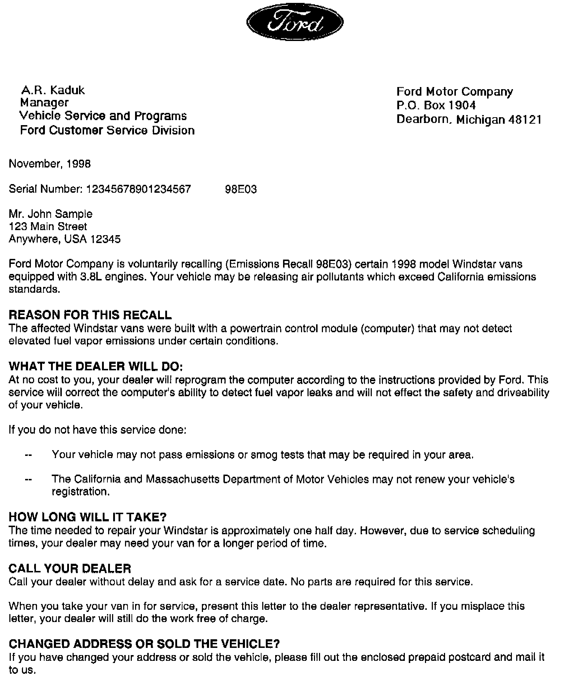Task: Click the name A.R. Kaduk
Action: point(53,90)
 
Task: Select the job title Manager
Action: point(44,103)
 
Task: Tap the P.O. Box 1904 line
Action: point(436,105)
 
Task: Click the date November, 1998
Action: point(50,164)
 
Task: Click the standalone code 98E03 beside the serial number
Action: point(241,189)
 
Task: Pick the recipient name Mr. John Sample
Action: point(51,214)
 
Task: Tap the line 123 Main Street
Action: point(48,227)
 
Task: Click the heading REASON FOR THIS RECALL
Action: point(90,315)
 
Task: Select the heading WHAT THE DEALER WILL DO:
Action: point(96,366)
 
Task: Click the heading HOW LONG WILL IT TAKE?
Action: point(88,517)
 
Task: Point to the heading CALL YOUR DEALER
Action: point(70,568)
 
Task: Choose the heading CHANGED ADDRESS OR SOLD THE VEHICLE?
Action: point(144,644)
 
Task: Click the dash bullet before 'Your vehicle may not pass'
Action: point(28,456)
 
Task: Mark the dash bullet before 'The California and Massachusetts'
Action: point(28,480)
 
